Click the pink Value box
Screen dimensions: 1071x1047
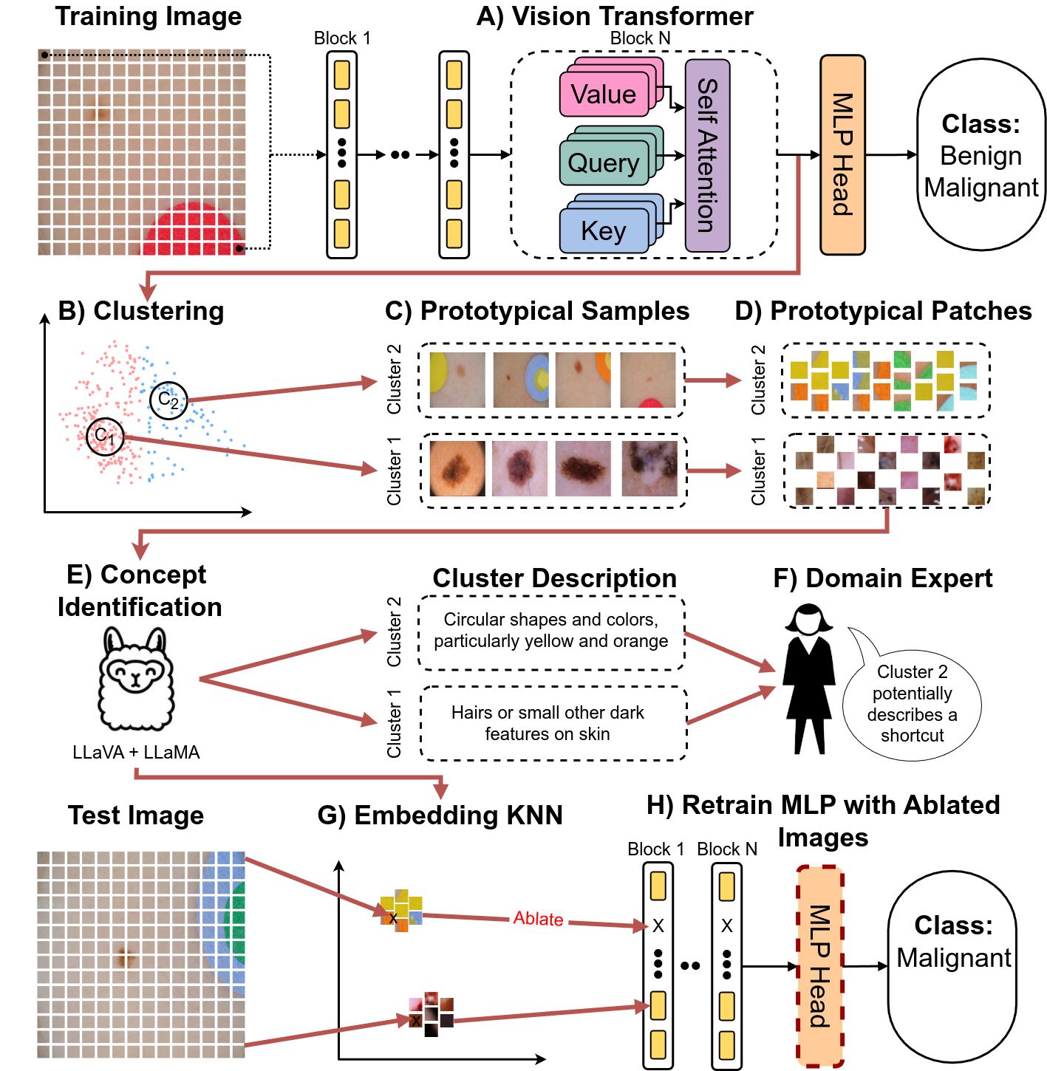604,95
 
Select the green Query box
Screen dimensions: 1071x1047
604,162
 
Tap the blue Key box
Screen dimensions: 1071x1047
604,231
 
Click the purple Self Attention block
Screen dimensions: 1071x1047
707,156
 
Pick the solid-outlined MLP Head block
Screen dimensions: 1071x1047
842,155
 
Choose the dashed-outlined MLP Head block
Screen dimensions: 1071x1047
819,966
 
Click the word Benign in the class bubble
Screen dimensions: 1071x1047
981,156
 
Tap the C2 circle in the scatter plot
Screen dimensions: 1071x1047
168,400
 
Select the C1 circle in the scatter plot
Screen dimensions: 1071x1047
105,437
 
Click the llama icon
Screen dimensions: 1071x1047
136,678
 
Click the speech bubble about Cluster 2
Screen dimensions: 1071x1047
912,703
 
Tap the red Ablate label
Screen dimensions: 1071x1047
538,919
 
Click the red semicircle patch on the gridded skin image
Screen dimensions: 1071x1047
193,232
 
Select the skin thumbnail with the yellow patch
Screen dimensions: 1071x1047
457,380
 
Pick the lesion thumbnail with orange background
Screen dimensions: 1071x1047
457,468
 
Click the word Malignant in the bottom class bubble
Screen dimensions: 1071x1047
953,958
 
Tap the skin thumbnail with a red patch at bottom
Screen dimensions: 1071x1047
648,380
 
